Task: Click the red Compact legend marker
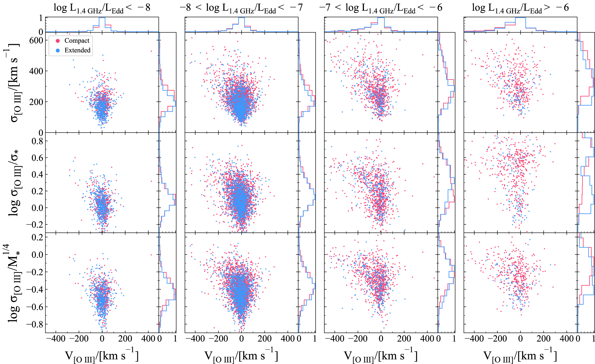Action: pyautogui.click(x=58, y=41)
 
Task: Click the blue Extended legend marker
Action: pyautogui.click(x=58, y=50)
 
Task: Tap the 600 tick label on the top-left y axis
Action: pyautogui.click(x=36, y=41)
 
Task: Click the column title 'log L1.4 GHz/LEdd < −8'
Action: pyautogui.click(x=102, y=8)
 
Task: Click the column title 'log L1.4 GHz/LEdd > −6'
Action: pyautogui.click(x=520, y=8)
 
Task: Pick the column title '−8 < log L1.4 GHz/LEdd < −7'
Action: pyautogui.click(x=241, y=8)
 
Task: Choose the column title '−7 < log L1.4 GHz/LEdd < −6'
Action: pyautogui.click(x=381, y=8)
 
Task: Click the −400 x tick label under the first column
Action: pyautogui.click(x=55, y=339)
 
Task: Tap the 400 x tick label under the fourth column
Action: pyautogui.click(x=566, y=339)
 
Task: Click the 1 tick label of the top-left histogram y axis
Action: pyautogui.click(x=41, y=18)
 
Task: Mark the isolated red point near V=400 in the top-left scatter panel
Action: pyautogui.click(x=151, y=51)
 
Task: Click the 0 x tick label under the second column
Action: pyautogui.click(x=241, y=339)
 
